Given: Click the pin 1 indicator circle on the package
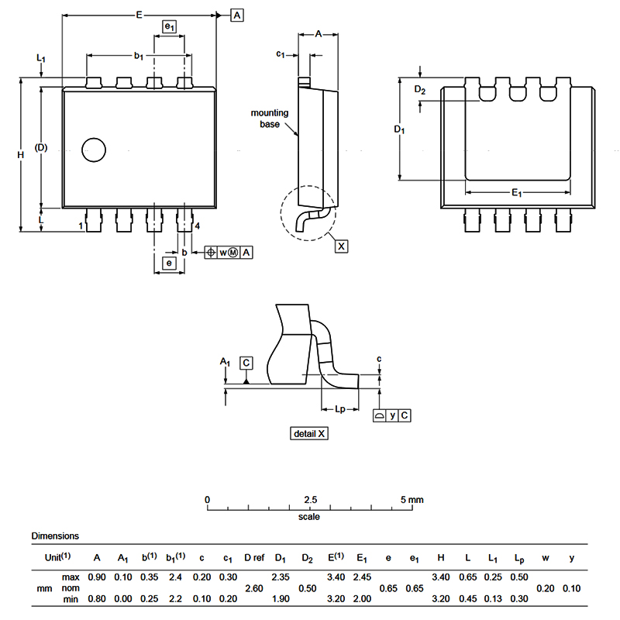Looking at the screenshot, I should [x=94, y=150].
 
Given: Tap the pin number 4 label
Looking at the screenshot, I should [x=198, y=226].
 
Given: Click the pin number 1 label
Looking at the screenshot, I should [x=81, y=226].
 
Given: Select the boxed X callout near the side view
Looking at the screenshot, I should [x=342, y=246].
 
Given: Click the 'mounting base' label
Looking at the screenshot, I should [x=269, y=119].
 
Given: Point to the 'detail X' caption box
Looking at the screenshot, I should [x=310, y=433].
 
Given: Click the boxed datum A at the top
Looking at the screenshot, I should [x=237, y=15].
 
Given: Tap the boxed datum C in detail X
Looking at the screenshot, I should [x=246, y=363].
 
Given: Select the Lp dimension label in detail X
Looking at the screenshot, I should [x=340, y=409].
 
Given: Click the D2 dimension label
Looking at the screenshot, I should [x=419, y=91].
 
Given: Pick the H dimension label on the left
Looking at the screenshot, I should [x=21, y=155].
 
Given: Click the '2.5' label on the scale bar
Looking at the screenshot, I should [x=310, y=499].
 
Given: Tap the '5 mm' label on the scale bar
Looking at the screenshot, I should [x=412, y=499].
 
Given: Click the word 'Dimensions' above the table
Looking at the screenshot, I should [x=55, y=536].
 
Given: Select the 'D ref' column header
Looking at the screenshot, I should [x=254, y=556].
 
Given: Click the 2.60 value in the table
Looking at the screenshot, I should [x=253, y=588].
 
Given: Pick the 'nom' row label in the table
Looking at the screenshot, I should [x=70, y=588].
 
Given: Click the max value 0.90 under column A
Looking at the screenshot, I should [x=97, y=577].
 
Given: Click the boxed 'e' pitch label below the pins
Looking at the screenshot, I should [x=168, y=263].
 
